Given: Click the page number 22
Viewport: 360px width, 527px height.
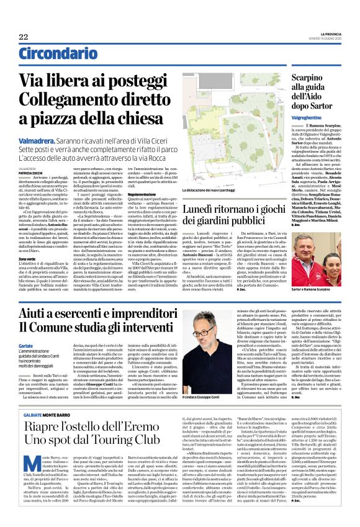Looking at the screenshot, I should click(24, 38).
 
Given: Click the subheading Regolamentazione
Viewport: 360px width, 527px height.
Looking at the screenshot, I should click(142, 193).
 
